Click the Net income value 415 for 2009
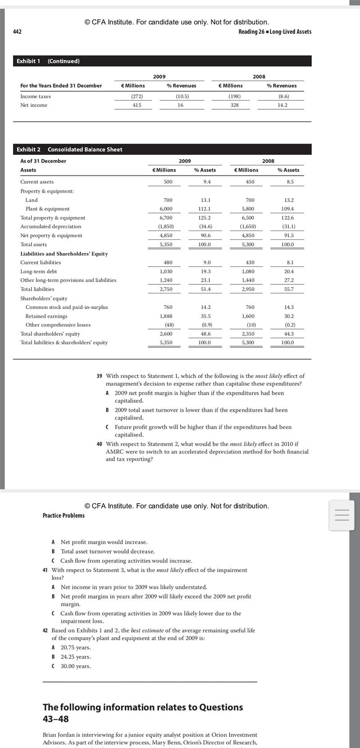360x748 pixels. coord(137,105)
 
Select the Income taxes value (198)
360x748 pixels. coord(234,96)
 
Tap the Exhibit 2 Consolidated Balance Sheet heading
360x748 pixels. coord(70,149)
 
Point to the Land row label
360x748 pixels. coord(31,200)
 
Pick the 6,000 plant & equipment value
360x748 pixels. coord(166,209)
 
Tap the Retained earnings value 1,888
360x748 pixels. coord(166,316)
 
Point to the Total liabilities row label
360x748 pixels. coord(37,289)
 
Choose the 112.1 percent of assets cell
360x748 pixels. coord(206,209)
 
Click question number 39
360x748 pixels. coord(99,376)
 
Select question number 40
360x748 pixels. coord(99,444)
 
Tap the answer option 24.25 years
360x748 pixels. coord(76,657)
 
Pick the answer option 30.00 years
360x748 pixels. coord(76,666)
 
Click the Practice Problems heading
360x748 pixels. coord(63,515)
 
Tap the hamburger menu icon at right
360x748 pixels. coord(342,515)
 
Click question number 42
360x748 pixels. coord(45,630)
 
